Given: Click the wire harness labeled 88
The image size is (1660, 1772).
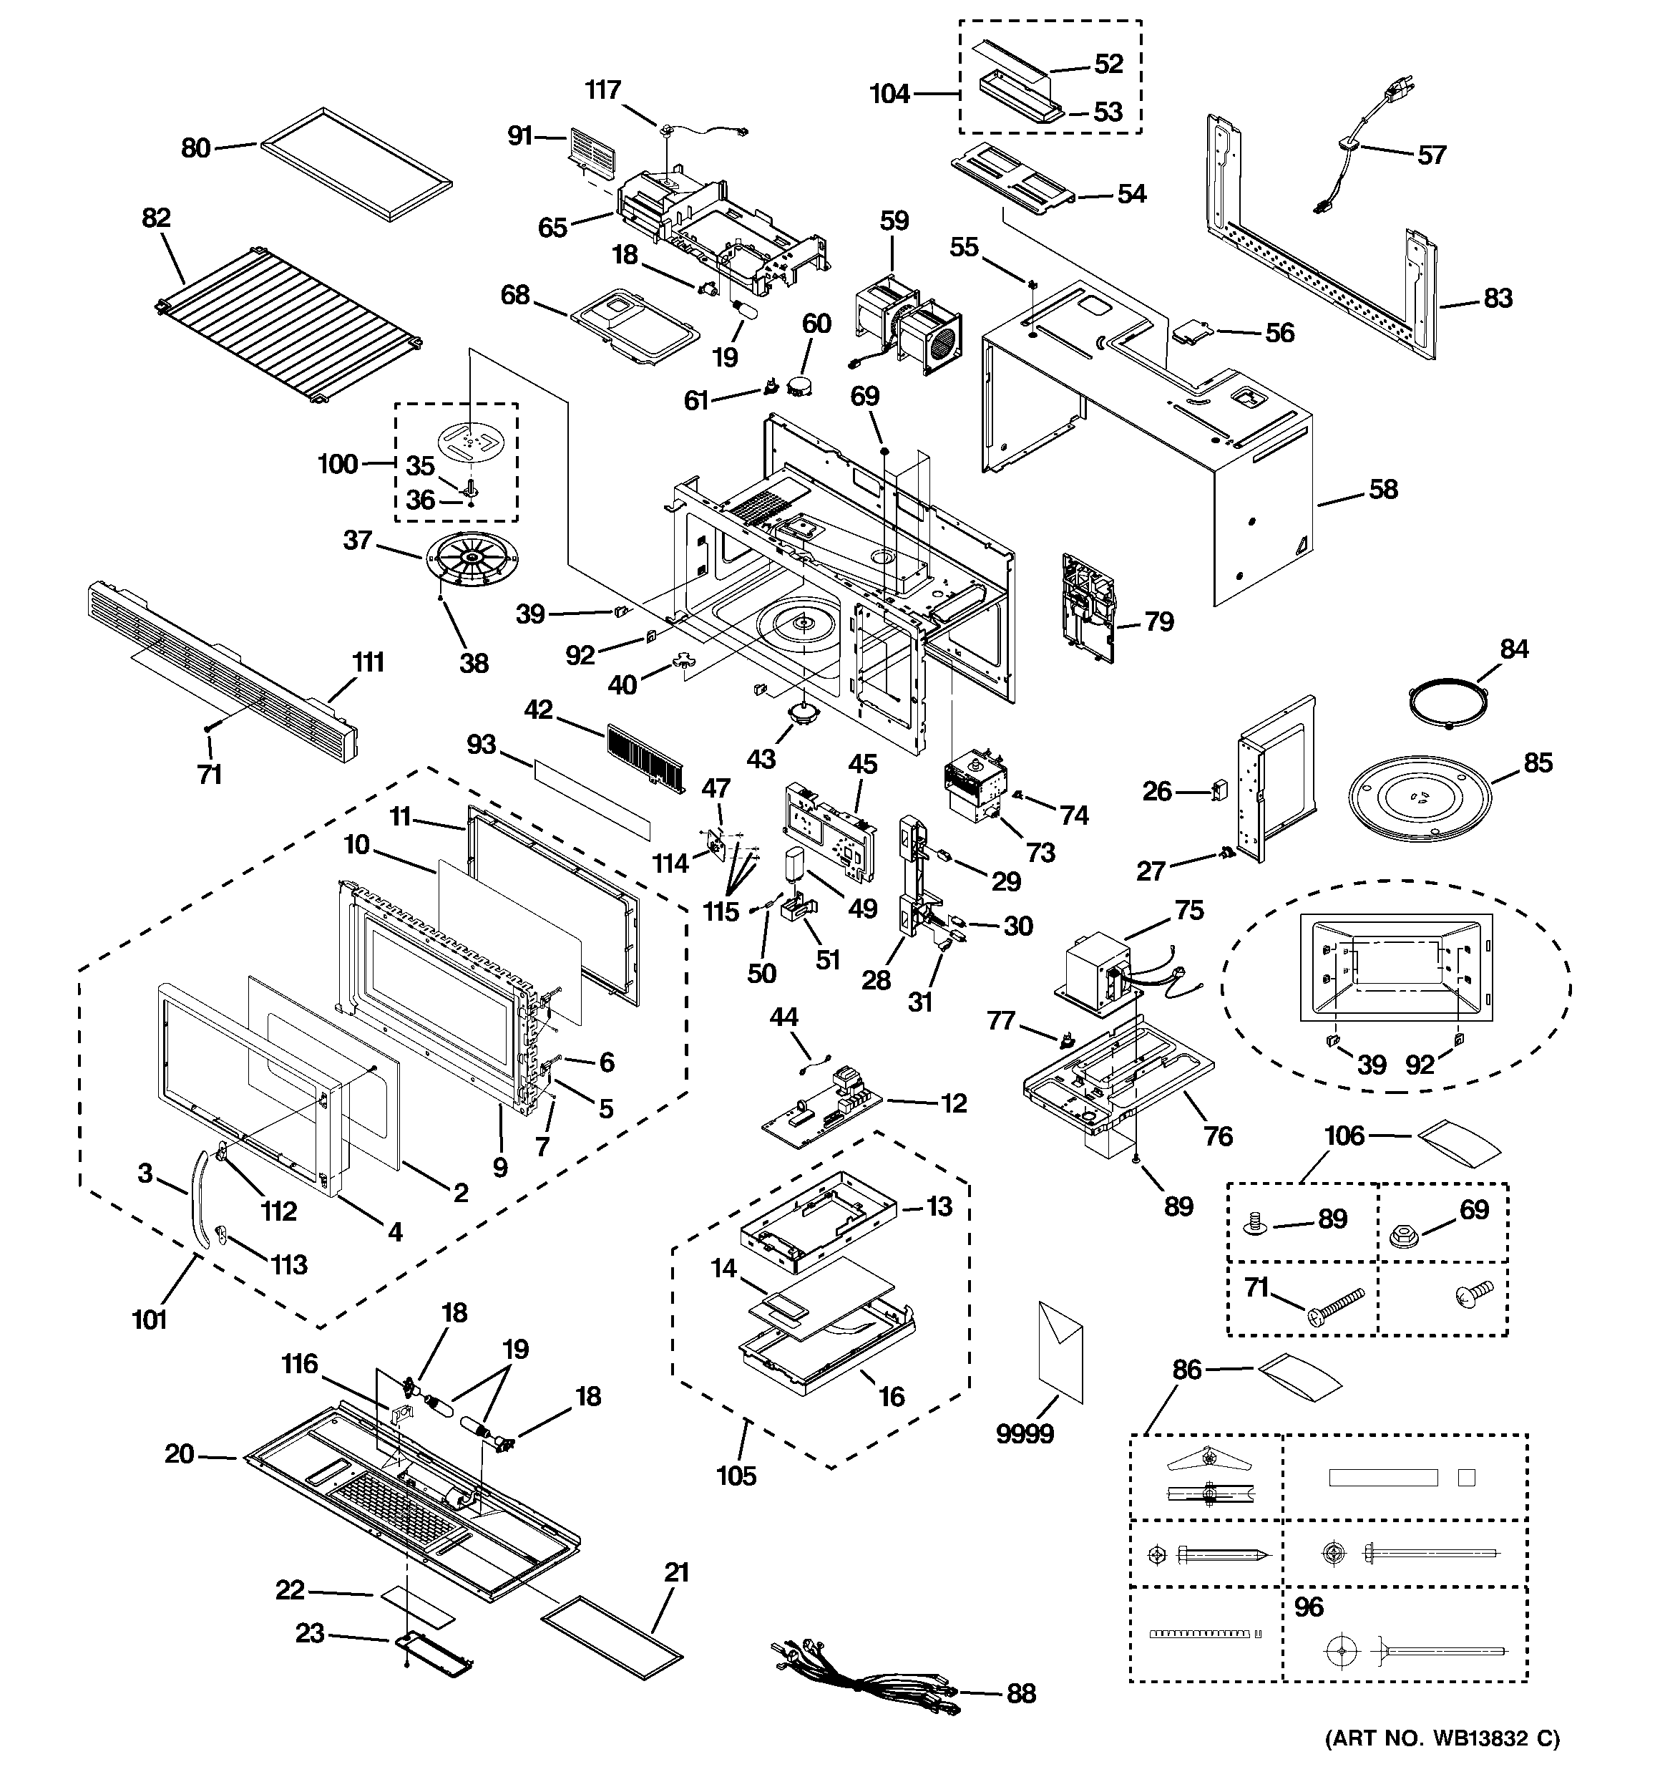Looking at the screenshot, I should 864,1681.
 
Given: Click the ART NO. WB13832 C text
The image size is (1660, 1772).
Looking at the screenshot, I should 1442,1738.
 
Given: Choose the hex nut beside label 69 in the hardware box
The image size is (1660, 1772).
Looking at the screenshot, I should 1406,1236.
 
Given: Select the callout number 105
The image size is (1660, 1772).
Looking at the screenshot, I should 736,1476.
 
